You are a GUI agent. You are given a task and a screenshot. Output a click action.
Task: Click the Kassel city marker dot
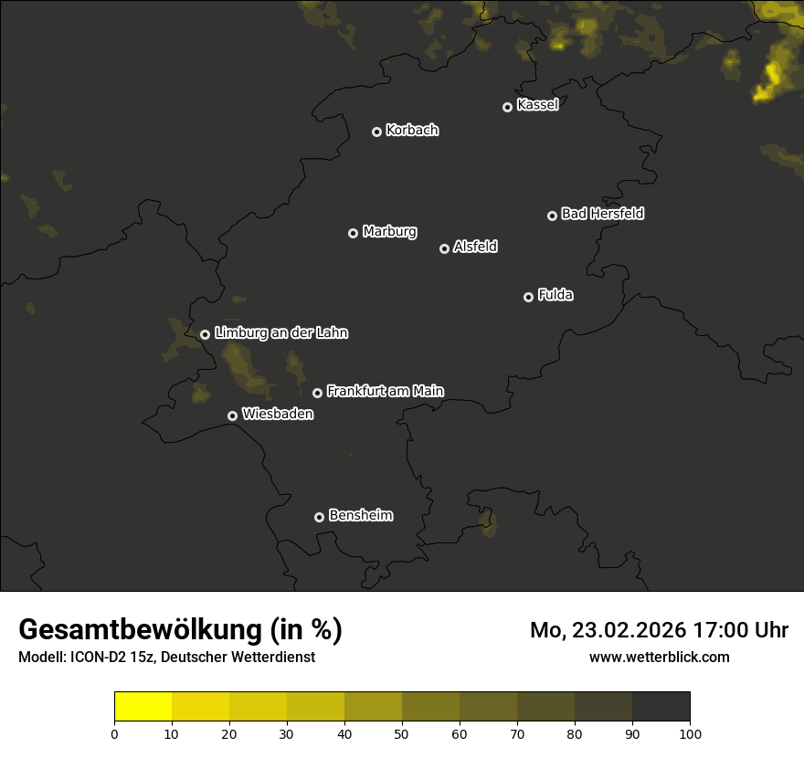click(508, 107)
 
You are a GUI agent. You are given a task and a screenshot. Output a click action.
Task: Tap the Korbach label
click(412, 131)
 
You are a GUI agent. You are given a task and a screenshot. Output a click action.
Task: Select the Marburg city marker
click(353, 233)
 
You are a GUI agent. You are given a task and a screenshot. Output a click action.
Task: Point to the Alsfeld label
click(475, 247)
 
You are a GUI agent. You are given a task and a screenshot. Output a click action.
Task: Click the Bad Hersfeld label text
click(602, 214)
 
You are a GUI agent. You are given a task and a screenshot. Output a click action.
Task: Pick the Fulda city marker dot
click(528, 297)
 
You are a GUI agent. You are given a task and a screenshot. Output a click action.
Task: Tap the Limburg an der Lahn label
click(281, 333)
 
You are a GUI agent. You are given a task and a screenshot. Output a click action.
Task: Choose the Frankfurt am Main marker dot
click(317, 393)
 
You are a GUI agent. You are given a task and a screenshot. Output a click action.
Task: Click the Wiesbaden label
click(278, 415)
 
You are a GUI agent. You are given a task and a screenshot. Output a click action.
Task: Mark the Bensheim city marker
click(319, 517)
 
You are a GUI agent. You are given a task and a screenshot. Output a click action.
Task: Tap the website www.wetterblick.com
click(659, 657)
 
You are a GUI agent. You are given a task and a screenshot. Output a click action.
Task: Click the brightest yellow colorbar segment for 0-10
click(143, 707)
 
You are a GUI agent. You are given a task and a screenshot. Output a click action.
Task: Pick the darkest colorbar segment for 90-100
click(661, 707)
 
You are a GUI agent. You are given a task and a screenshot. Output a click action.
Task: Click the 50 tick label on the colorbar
click(402, 733)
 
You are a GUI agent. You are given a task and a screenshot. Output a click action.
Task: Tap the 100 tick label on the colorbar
click(690, 733)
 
